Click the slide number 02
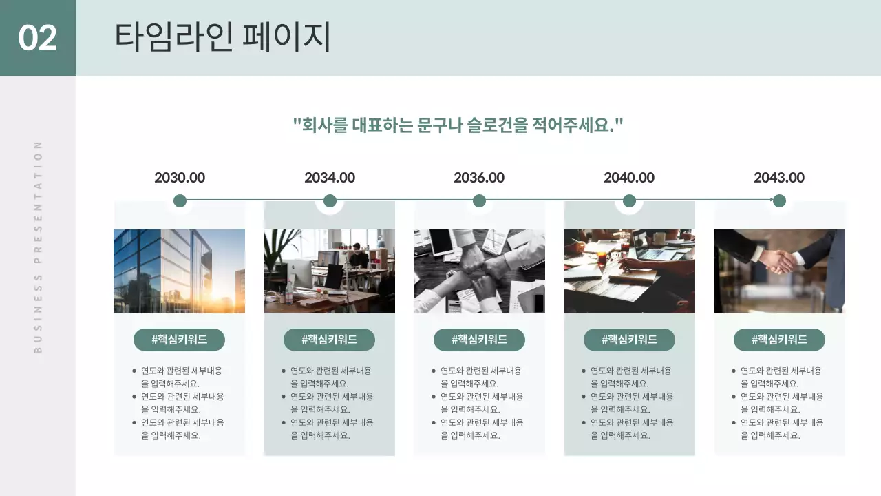(x=38, y=38)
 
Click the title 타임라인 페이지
(x=222, y=37)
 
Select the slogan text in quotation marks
(x=458, y=125)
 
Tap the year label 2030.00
(x=180, y=178)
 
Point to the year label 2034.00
(x=330, y=178)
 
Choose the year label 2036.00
(x=479, y=178)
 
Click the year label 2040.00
(x=629, y=178)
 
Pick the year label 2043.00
(x=779, y=178)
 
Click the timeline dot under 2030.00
(x=180, y=201)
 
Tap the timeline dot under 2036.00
(x=480, y=201)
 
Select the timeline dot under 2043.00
(x=779, y=201)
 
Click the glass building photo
(x=179, y=271)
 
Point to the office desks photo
(x=329, y=271)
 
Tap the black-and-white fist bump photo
(x=479, y=271)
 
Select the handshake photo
(x=779, y=271)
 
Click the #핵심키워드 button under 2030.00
(x=179, y=340)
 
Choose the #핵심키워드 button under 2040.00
(x=629, y=340)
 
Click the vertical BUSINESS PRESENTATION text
(x=39, y=247)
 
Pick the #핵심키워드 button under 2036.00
(x=479, y=340)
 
